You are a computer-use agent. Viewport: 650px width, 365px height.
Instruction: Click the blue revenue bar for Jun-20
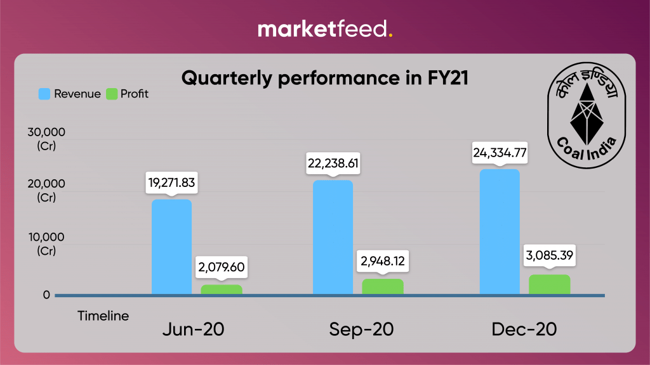pyautogui.click(x=171, y=247)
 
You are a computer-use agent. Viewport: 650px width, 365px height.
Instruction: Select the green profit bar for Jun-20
pyautogui.click(x=222, y=290)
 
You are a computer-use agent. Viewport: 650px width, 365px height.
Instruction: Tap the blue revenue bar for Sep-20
pyautogui.click(x=333, y=238)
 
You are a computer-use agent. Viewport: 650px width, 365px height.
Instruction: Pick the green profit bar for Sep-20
pyautogui.click(x=383, y=286)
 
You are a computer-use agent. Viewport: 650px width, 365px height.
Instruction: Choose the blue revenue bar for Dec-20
pyautogui.click(x=500, y=232)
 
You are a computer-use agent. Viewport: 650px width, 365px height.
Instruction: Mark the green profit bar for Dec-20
pyautogui.click(x=550, y=285)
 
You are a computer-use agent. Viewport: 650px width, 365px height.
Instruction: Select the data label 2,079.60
pyautogui.click(x=221, y=268)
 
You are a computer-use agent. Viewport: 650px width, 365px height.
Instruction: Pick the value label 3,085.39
pyautogui.click(x=550, y=257)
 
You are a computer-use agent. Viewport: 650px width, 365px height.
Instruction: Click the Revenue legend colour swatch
pyautogui.click(x=44, y=94)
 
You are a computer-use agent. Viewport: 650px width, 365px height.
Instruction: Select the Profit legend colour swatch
pyautogui.click(x=112, y=94)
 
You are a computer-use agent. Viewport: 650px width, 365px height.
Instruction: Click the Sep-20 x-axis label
pyautogui.click(x=361, y=330)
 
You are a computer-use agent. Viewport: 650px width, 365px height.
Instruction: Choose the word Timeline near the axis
pyautogui.click(x=103, y=316)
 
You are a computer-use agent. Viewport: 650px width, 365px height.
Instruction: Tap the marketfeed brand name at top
pyautogui.click(x=324, y=29)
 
